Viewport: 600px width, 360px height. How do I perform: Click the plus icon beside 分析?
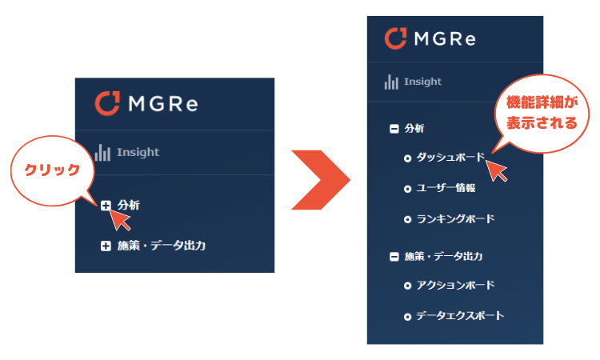106,206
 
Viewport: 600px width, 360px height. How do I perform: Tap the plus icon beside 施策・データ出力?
106,246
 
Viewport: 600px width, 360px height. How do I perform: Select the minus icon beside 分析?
394,128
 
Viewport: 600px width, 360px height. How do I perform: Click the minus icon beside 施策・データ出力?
394,257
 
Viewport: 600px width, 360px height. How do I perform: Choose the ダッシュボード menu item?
450,158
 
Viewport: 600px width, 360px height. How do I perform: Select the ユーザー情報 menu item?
446,188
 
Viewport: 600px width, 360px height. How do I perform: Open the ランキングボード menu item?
455,218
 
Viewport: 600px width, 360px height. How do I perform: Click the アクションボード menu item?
455,285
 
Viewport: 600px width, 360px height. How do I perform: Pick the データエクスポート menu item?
460,315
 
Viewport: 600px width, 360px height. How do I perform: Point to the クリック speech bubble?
53,170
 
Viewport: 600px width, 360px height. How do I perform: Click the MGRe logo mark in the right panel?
396,38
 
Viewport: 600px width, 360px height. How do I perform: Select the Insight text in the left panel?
138,152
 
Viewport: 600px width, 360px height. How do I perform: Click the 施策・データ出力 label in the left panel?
161,246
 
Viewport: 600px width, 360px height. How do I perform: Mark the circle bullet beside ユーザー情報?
407,189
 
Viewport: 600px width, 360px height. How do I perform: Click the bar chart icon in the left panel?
102,152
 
